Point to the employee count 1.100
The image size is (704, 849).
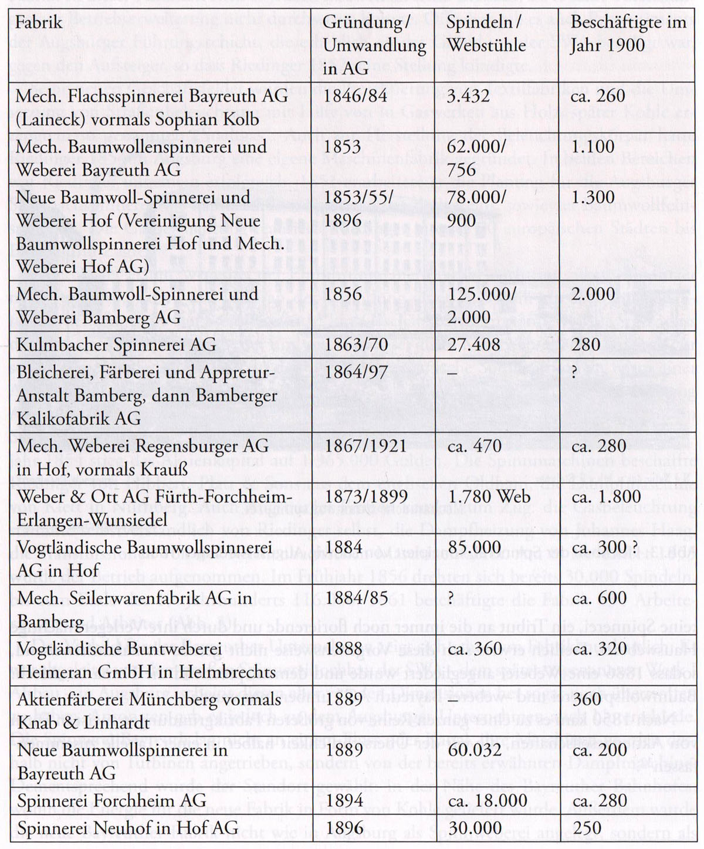593,146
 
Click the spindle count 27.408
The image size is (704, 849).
473,344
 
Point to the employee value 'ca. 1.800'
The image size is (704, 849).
605,496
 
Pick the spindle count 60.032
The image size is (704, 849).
473,750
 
